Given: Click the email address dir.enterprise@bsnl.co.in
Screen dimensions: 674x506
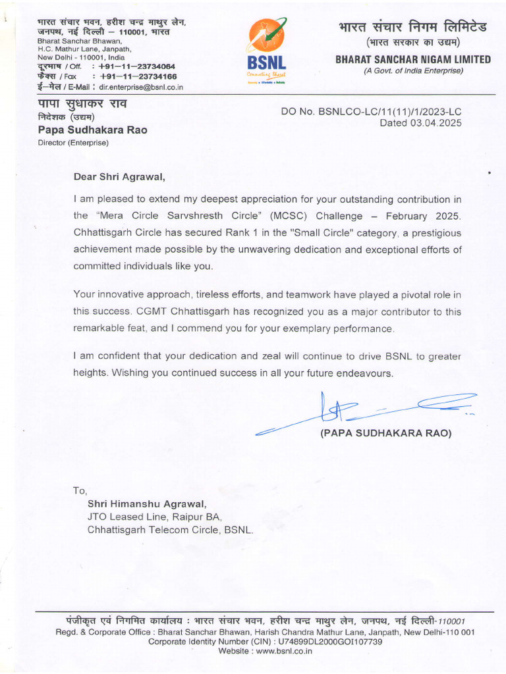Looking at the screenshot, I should pos(141,87).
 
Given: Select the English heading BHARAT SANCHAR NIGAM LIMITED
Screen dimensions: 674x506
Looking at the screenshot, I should pos(413,59).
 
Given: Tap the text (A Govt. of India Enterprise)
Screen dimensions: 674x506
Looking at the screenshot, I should pos(413,70).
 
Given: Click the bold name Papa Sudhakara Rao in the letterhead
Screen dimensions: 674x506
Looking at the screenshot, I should pos(92,130).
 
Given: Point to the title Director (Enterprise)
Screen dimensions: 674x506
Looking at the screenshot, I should pos(73,142).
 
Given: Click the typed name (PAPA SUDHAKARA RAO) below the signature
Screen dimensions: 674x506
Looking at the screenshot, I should pos(385,434).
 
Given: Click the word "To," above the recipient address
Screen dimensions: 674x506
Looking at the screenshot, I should pos(80,490).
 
